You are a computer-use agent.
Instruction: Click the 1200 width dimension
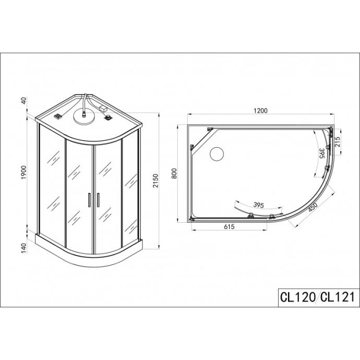click(x=260, y=111)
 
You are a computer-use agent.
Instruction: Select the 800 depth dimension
click(x=174, y=174)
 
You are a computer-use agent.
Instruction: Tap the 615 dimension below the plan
click(x=229, y=226)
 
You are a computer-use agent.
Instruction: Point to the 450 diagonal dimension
click(x=313, y=208)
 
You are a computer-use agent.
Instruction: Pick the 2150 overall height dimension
click(x=155, y=181)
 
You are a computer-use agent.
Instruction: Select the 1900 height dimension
click(x=24, y=172)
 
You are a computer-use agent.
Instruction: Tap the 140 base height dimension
click(x=24, y=248)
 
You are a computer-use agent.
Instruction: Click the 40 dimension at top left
click(x=24, y=101)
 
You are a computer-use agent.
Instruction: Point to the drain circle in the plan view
click(x=217, y=153)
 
